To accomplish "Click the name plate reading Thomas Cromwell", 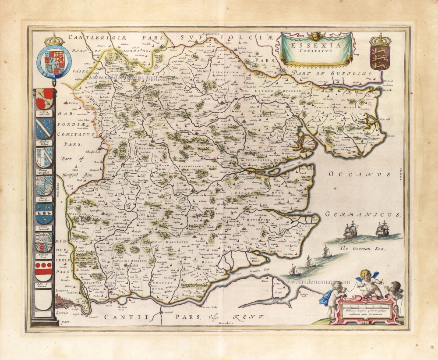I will [x=44, y=228].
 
